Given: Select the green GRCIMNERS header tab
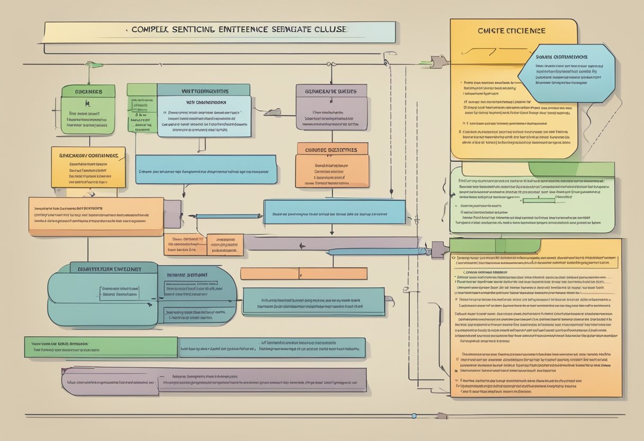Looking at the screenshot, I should point(88,91).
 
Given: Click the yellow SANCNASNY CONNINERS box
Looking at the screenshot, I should point(88,167).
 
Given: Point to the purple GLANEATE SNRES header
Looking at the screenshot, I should point(331,91).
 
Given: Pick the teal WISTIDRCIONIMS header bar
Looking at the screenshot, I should point(203,90).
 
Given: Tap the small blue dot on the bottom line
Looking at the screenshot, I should point(414,416).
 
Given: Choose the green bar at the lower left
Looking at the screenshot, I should point(101,347).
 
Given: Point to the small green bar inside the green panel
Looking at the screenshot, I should point(538,200).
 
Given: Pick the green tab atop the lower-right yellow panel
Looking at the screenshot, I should point(495,245).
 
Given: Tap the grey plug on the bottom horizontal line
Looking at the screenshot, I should point(441,416).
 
